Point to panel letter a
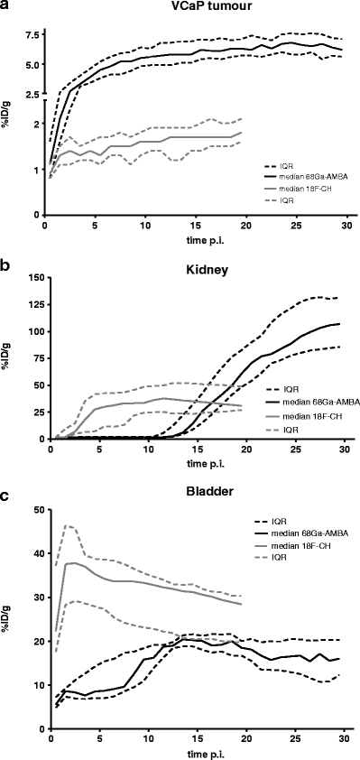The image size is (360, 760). [x=5, y=7]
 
